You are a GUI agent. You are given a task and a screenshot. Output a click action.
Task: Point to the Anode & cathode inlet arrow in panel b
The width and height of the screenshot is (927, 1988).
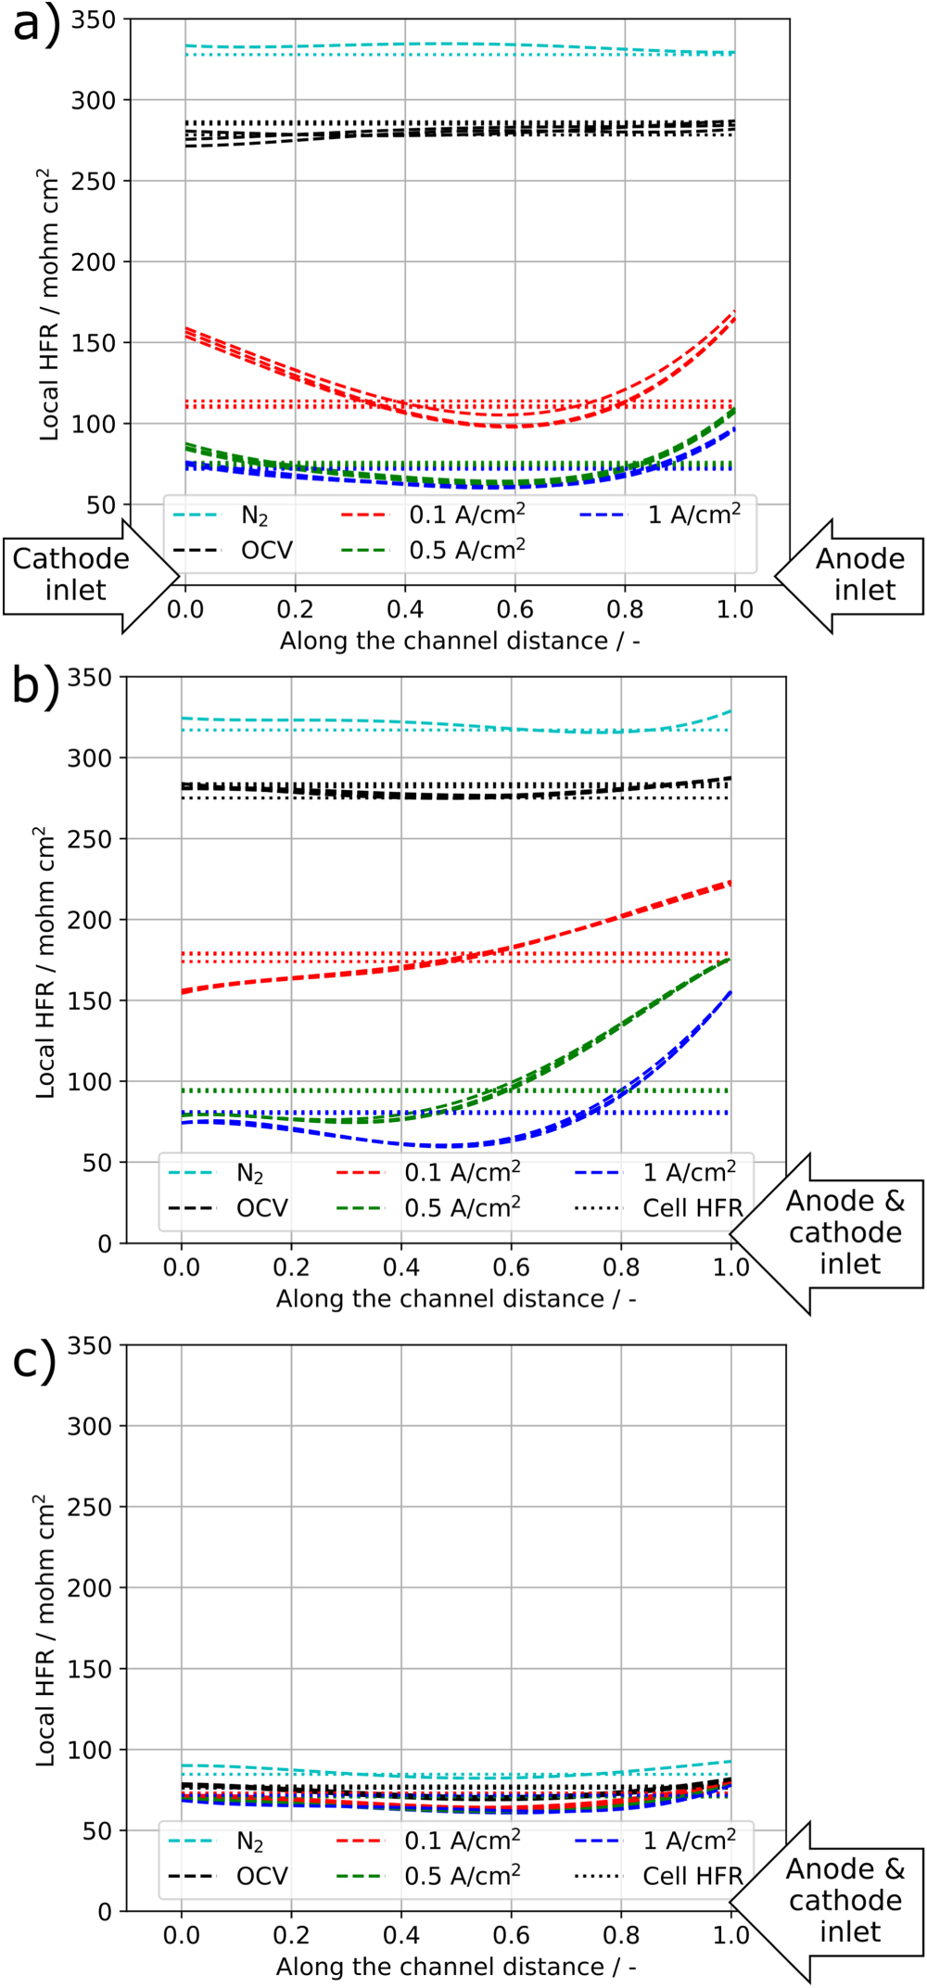(x=834, y=1233)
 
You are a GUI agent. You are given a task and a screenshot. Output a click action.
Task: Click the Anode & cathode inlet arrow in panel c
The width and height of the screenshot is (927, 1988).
(x=834, y=1901)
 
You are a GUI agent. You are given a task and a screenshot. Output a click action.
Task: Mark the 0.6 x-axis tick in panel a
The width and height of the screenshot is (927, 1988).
(x=514, y=609)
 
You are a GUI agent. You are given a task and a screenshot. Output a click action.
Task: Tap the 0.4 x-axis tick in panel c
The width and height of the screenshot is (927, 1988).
(x=400, y=1935)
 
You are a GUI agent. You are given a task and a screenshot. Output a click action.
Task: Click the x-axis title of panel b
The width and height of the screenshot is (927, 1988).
(x=455, y=1299)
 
